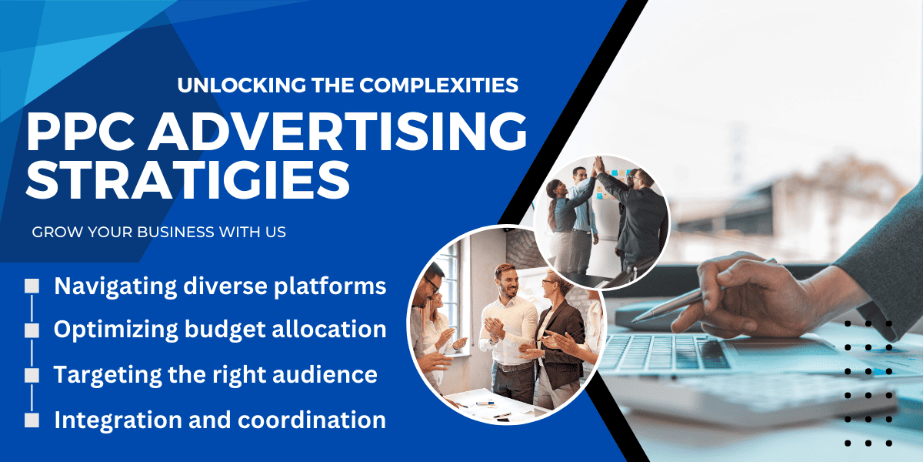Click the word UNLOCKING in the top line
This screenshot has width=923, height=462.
[x=242, y=85]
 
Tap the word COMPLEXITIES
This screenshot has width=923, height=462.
[x=439, y=85]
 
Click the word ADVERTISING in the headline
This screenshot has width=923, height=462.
[x=338, y=132]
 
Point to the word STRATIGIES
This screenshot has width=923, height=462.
[x=188, y=180]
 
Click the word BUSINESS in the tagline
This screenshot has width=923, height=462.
[x=175, y=233]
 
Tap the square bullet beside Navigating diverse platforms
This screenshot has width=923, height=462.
[x=32, y=286]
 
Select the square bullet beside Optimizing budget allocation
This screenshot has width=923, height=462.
[x=32, y=330]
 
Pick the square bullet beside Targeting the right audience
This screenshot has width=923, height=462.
[x=32, y=376]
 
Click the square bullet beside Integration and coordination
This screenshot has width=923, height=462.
[x=32, y=420]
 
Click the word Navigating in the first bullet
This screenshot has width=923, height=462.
[x=116, y=287]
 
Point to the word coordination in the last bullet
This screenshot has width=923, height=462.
[x=312, y=420]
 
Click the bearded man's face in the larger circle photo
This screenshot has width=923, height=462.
[x=508, y=282]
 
